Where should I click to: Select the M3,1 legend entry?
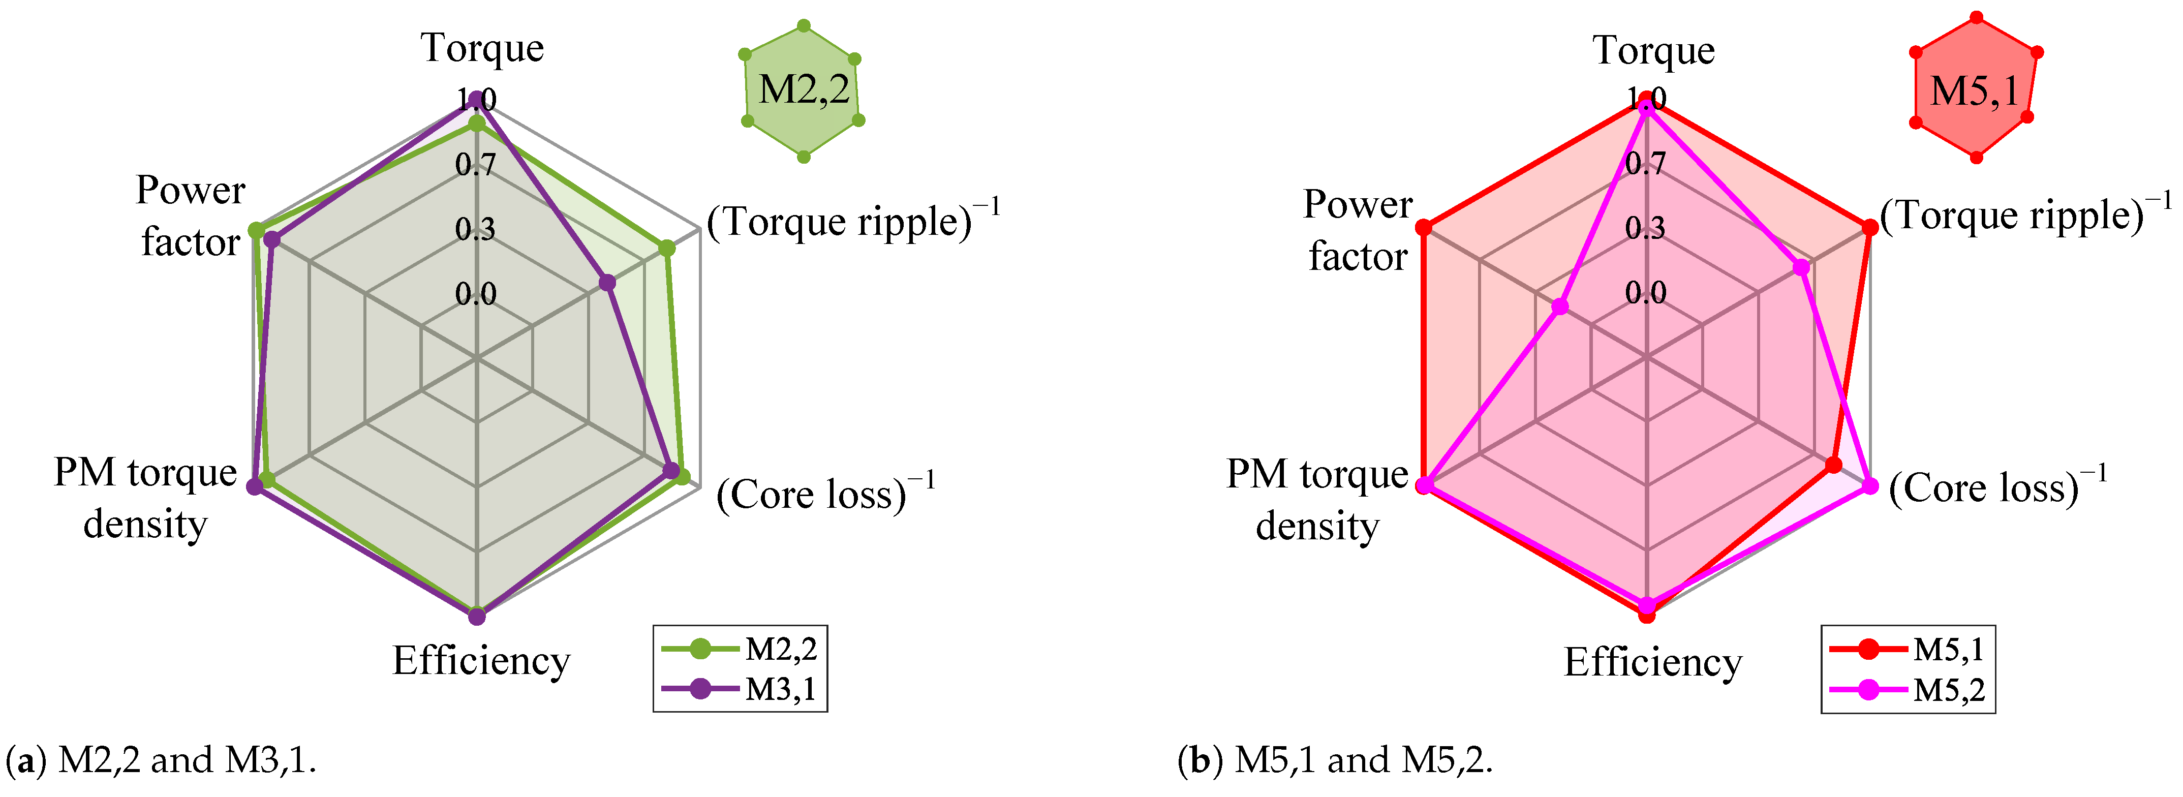click(740, 688)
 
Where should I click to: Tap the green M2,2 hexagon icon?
click(803, 90)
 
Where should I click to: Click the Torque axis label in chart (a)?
click(482, 48)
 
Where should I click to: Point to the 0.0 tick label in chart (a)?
click(475, 294)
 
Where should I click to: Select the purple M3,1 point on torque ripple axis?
click(607, 282)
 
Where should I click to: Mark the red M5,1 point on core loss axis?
click(1833, 465)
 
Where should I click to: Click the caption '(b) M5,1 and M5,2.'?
click(1335, 760)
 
